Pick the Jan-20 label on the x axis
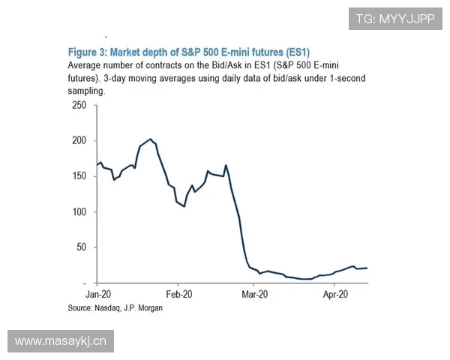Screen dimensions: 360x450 (x=98, y=295)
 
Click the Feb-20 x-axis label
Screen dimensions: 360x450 (x=179, y=295)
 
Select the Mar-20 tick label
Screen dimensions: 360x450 (x=255, y=295)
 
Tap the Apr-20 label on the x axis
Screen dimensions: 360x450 (x=334, y=295)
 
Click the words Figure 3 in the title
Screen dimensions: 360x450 (x=89, y=52)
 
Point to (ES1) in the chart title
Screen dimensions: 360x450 (x=295, y=52)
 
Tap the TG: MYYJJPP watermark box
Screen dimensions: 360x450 (x=395, y=18)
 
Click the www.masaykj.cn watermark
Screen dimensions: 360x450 (x=61, y=341)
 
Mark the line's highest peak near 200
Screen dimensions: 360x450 (x=151, y=139)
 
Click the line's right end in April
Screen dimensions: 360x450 (x=367, y=268)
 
